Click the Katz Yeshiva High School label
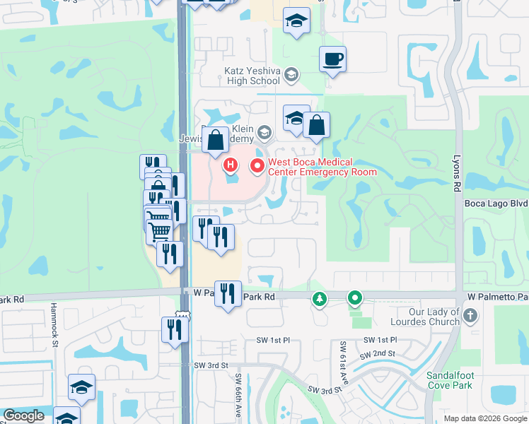(252, 76)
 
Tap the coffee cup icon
(332, 59)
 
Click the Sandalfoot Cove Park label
(454, 380)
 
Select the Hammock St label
(54, 332)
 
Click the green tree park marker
(320, 300)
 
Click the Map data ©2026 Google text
(484, 418)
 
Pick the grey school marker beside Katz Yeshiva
(292, 75)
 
